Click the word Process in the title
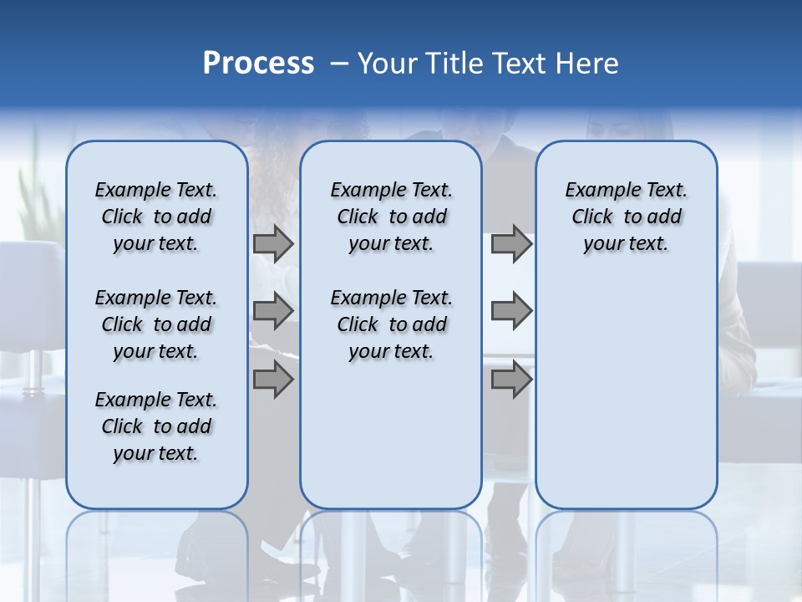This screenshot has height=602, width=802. pos(258,64)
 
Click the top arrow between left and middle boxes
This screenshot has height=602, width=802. pos(273,244)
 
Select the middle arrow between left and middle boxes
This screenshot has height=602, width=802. pos(273,312)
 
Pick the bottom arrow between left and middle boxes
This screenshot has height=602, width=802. pos(273,380)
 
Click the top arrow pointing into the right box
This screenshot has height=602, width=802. pos(511,244)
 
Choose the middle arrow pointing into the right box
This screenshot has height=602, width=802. pos(511,312)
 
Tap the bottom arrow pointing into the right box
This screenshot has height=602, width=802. pos(511,380)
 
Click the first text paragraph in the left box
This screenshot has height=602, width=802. pos(155,217)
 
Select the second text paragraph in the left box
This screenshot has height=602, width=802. pos(155,324)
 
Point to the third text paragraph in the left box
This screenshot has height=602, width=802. pos(155,426)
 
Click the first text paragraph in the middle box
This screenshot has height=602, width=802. pos(391,217)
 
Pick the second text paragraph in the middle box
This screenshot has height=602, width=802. pos(391,324)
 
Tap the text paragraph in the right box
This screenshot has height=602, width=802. pos(626,217)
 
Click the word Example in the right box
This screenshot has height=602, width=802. pos(596,190)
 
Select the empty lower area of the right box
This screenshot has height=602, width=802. pos(626,393)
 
